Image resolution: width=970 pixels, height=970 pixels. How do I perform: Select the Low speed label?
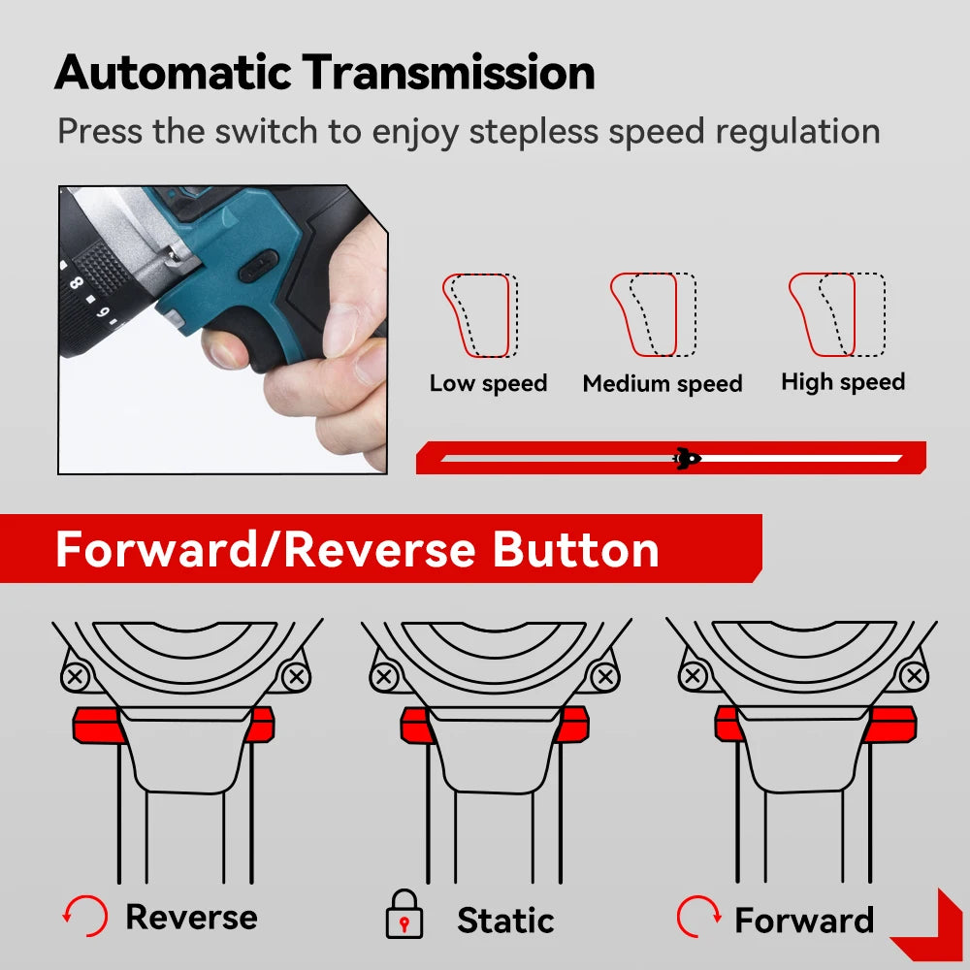click(x=488, y=383)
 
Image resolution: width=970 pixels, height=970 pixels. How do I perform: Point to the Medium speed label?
click(x=662, y=384)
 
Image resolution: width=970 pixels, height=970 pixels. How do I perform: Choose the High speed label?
click(x=842, y=382)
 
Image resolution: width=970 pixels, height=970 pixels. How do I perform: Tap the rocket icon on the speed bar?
click(x=687, y=458)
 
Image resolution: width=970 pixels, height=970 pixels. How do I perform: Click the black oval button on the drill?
click(x=259, y=267)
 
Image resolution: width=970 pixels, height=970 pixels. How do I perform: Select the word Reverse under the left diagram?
click(x=191, y=917)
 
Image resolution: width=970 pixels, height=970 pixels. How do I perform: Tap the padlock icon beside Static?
click(x=404, y=917)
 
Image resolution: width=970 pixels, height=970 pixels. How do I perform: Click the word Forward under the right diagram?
click(x=803, y=920)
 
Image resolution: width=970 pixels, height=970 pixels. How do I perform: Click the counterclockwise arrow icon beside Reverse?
click(x=84, y=917)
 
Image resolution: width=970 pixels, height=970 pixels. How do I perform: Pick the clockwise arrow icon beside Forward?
click(x=698, y=917)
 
